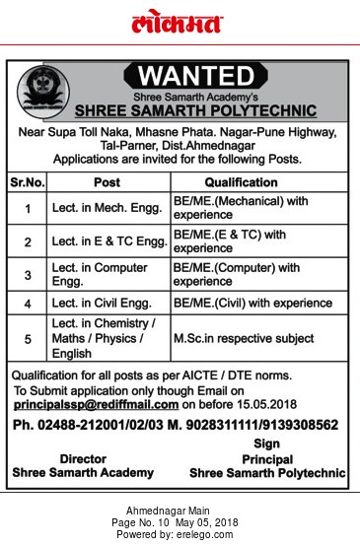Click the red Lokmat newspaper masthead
[x=178, y=24]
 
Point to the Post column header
[x=107, y=182]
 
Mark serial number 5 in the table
[x=28, y=338]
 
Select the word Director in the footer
[x=83, y=458]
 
